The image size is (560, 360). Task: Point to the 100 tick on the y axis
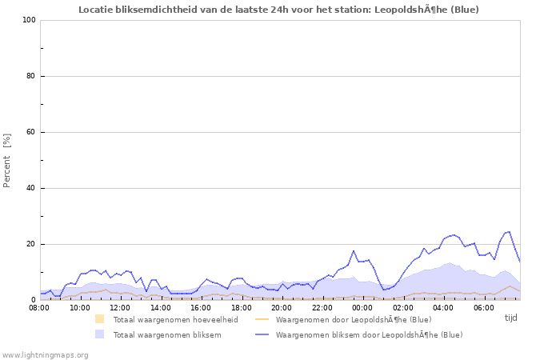tap(29, 20)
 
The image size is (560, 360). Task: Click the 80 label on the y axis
tap(31, 76)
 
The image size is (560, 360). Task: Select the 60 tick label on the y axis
tap(31, 132)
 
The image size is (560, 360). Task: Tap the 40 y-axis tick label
tap(31, 188)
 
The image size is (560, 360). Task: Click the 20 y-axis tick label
tap(31, 244)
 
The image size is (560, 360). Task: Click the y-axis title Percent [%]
tap(7, 160)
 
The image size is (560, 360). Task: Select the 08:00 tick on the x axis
tap(39, 307)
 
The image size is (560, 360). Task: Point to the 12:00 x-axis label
tap(120, 307)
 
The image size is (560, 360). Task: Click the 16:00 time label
tap(201, 307)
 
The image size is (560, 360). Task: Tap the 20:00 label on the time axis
tap(282, 307)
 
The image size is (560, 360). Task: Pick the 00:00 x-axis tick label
tap(362, 307)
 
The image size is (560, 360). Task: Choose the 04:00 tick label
tap(443, 307)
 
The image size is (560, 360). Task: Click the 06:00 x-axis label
tap(484, 307)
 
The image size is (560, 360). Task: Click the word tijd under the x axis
tap(511, 318)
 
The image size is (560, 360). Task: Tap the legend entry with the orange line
tap(353, 319)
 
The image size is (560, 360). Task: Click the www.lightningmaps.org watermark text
tap(45, 354)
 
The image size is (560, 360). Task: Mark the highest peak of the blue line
tap(508, 232)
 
